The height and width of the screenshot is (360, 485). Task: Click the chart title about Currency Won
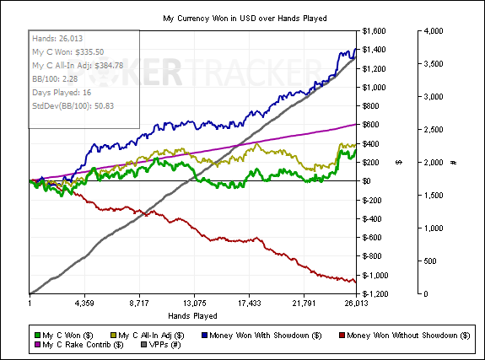245,19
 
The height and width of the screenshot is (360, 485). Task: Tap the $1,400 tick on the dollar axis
374,50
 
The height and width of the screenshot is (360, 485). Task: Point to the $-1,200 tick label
375,293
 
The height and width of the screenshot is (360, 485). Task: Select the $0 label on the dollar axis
366,181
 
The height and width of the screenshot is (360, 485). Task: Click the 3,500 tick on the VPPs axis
434,64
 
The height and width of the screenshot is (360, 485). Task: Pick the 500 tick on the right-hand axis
430,261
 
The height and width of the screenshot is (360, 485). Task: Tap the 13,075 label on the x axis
194,304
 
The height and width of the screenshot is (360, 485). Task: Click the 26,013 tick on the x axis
356,304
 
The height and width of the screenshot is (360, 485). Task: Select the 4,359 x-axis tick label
84,304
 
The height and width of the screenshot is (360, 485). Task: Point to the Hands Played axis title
192,316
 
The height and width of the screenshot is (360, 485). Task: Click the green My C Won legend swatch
37,336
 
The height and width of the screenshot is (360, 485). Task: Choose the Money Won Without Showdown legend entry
405,336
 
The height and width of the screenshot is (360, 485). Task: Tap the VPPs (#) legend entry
160,345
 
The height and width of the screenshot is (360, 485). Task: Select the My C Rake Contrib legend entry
79,345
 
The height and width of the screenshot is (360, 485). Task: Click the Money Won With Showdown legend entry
261,336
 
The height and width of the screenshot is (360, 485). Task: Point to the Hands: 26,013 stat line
57,38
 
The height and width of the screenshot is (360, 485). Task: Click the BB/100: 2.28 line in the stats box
55,79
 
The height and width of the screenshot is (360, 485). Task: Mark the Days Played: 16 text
62,93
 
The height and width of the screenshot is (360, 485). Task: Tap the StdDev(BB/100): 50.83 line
73,105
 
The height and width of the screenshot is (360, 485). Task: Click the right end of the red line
356,282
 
